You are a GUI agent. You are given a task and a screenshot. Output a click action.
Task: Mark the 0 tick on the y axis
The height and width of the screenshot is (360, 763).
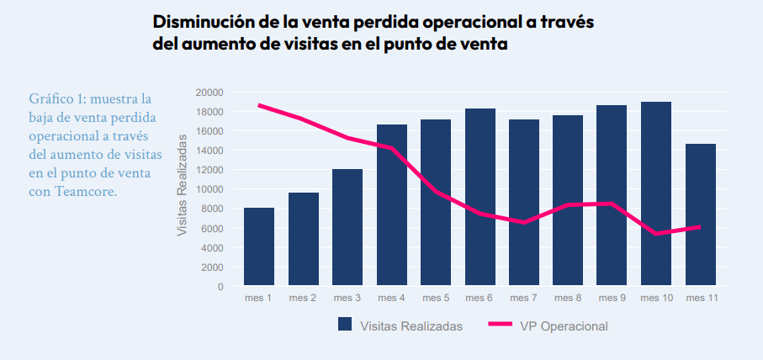[220, 287]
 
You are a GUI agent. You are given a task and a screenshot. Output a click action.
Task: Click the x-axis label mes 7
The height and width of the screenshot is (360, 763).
[523, 298]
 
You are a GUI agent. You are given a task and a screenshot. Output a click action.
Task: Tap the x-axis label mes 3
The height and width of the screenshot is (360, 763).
[347, 298]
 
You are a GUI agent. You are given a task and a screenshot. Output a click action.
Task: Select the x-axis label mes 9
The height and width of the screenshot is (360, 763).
[612, 298]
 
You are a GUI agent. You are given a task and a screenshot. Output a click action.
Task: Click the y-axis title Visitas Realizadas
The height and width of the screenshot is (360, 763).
[182, 190]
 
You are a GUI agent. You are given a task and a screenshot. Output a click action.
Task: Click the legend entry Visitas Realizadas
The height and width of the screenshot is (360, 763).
[411, 326]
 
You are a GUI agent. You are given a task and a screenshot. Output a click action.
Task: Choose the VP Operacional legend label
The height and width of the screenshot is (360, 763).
[564, 326]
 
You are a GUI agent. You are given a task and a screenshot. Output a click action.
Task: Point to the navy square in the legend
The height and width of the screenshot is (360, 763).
[344, 325]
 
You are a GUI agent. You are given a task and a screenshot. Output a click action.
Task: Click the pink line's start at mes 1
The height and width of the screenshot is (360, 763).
[259, 105]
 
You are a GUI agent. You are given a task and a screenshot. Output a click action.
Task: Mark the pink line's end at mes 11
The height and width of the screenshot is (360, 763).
[700, 227]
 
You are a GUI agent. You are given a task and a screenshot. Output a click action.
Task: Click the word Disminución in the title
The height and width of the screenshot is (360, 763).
[199, 22]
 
